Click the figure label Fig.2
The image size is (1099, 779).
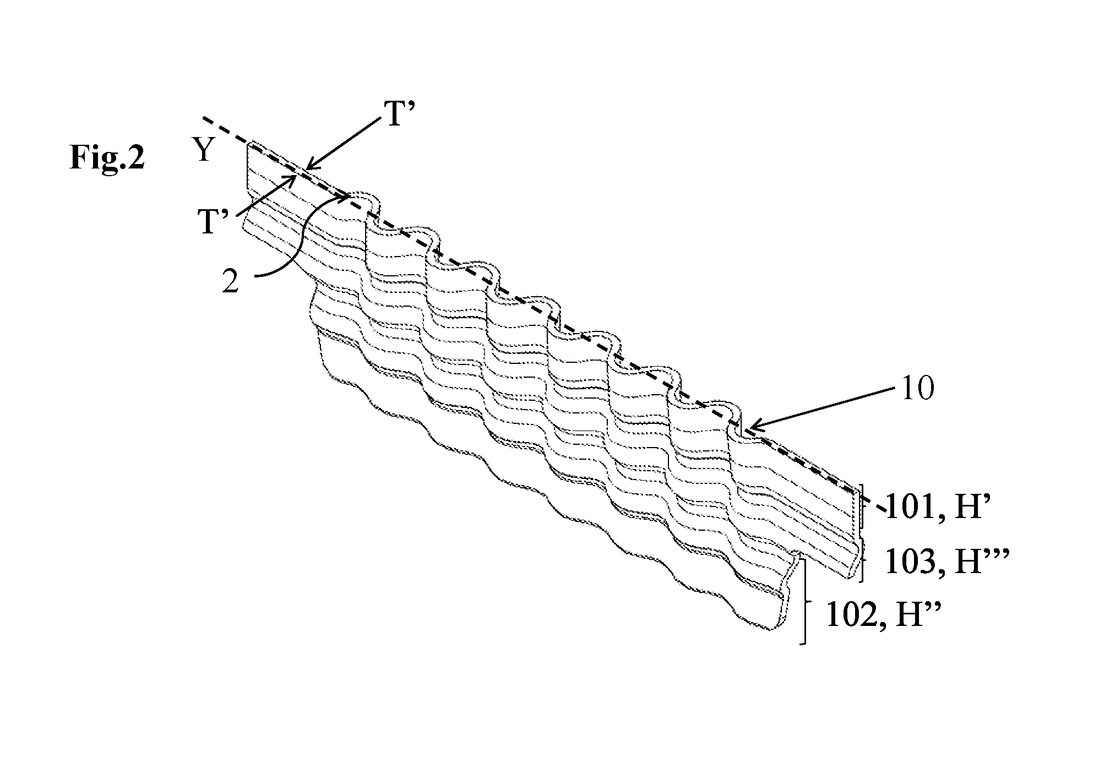click(x=107, y=158)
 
